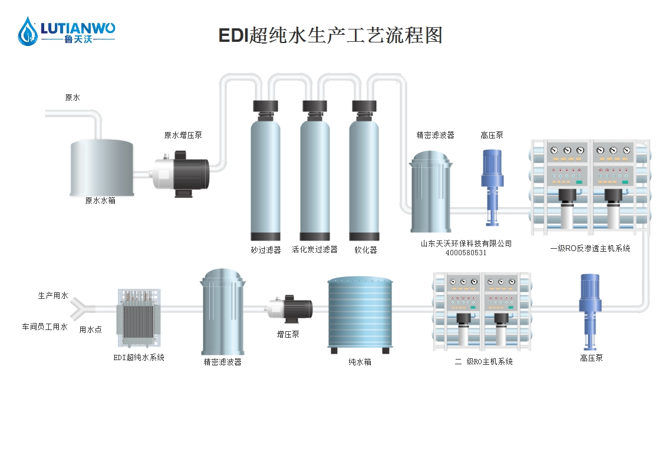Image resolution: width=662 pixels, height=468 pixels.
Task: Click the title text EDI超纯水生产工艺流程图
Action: point(330,35)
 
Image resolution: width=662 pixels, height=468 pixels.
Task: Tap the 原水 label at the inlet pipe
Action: point(73,98)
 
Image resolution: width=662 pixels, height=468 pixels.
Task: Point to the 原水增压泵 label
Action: point(183,135)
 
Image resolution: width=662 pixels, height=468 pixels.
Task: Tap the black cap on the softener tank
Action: point(364,107)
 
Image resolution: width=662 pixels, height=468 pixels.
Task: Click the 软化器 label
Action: point(365,250)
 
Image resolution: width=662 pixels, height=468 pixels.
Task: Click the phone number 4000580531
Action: point(466,253)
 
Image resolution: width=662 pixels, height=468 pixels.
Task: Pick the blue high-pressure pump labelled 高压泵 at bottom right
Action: point(590,312)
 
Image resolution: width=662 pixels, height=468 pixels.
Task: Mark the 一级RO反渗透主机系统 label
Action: point(590,249)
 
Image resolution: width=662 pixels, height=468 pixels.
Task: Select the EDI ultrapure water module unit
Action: point(139,319)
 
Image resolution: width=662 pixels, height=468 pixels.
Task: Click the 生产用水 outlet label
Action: point(53,296)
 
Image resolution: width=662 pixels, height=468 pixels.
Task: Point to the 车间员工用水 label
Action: point(45,327)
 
